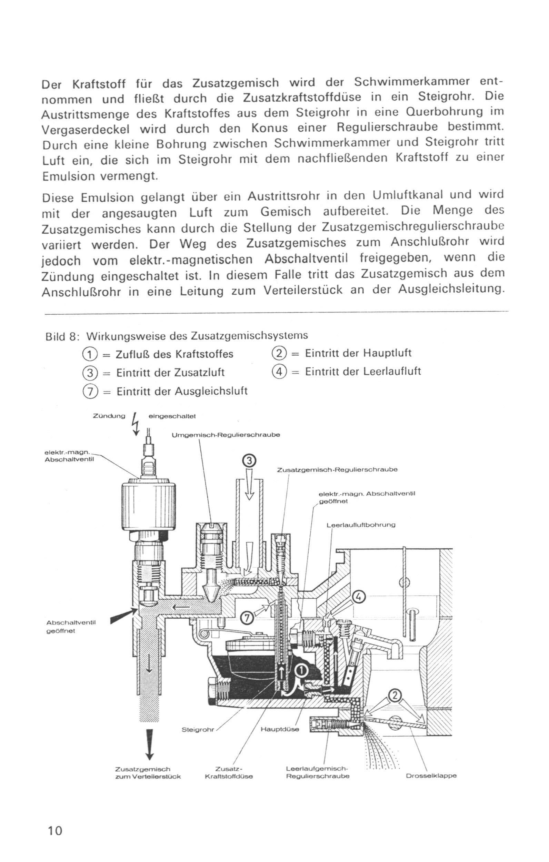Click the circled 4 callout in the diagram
pyautogui.click(x=360, y=596)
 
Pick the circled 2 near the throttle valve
pyautogui.click(x=394, y=695)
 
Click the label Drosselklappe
pyautogui.click(x=431, y=776)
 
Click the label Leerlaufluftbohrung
pyautogui.click(x=361, y=525)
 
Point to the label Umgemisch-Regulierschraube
pyautogui.click(x=226, y=435)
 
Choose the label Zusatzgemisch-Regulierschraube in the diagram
pyautogui.click(x=337, y=470)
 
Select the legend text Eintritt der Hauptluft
pyautogui.click(x=358, y=353)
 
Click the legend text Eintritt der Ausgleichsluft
pyautogui.click(x=182, y=391)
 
